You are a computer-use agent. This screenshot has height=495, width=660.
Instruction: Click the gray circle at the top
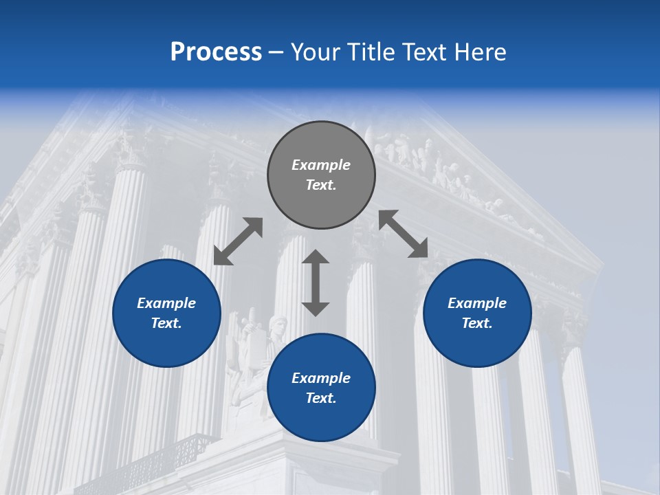point(321,175)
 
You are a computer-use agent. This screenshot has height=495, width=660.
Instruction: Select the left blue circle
point(166,313)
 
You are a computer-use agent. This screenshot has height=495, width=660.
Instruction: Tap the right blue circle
point(477,313)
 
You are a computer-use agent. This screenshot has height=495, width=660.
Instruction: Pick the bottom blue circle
point(321,388)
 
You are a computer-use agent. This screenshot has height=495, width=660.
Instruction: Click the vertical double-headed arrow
point(316,283)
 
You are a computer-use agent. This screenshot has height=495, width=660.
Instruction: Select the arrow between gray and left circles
point(238,241)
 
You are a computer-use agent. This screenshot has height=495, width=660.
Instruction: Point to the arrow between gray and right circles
point(404,234)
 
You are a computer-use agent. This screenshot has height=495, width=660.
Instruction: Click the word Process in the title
point(216,52)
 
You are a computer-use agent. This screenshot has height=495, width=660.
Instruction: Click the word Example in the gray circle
point(321,165)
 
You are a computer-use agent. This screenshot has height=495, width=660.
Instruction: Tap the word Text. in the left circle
point(166,323)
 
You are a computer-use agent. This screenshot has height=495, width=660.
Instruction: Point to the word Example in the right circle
point(477,303)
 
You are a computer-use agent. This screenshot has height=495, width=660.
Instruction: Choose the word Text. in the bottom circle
point(321,398)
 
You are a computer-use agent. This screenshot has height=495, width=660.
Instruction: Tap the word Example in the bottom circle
point(321,378)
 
